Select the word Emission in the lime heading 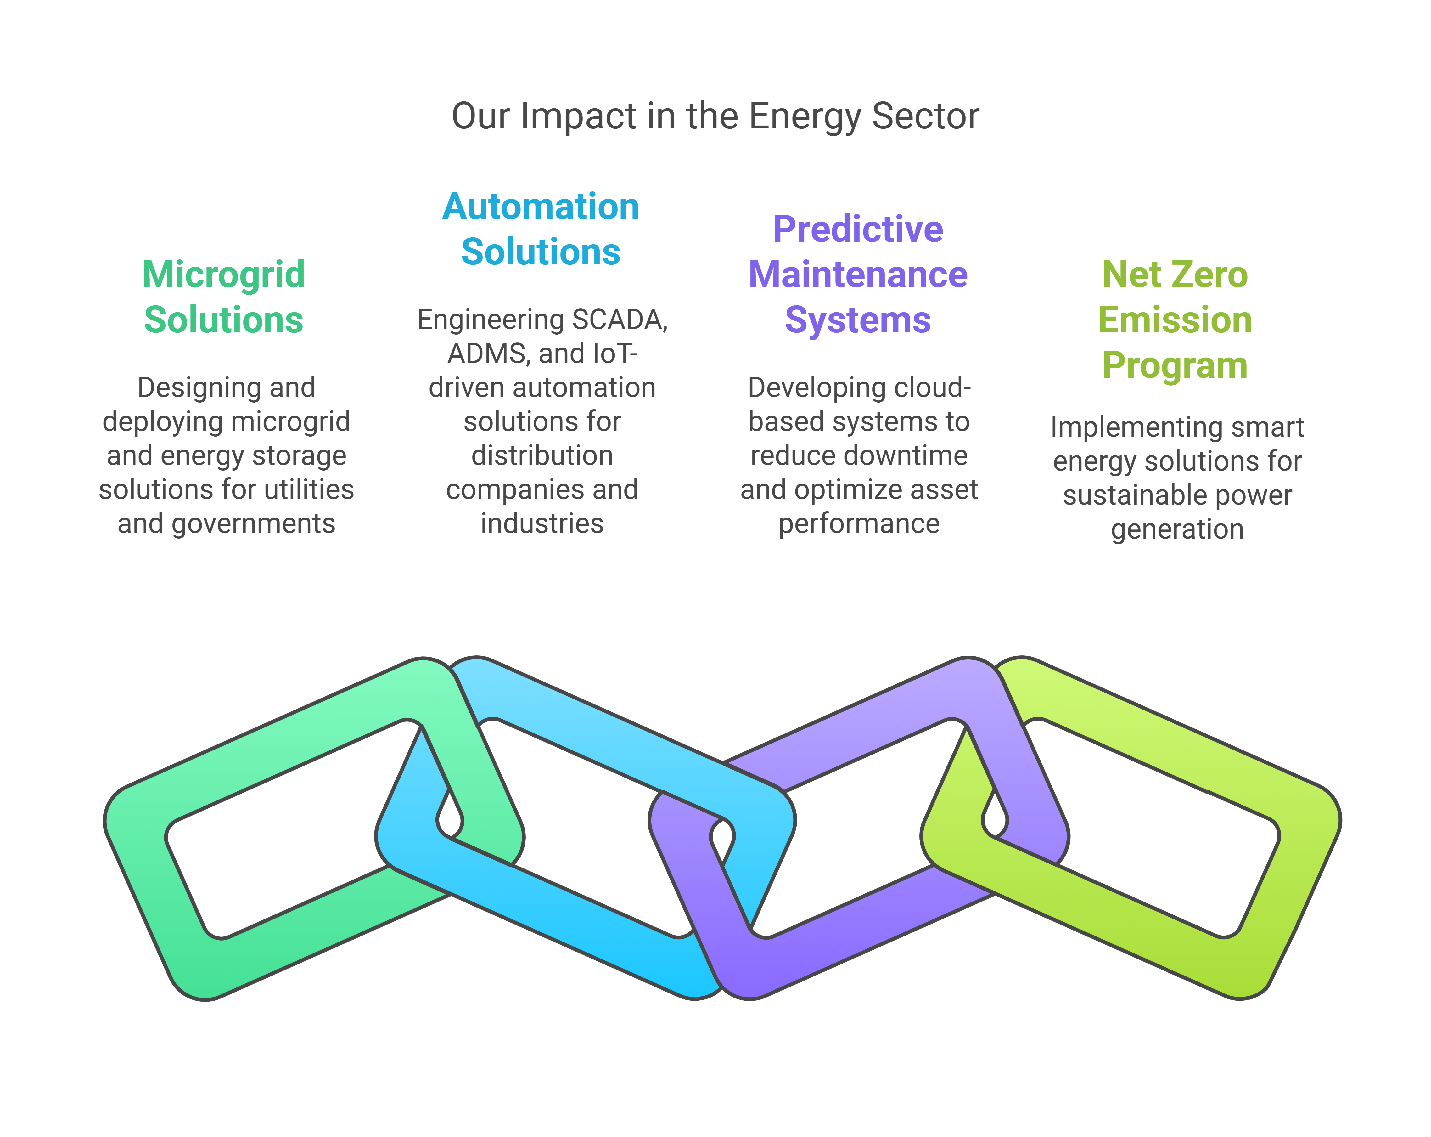[1175, 320]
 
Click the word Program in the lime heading [1175, 365]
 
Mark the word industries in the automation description [542, 524]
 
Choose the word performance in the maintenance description [859, 524]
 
